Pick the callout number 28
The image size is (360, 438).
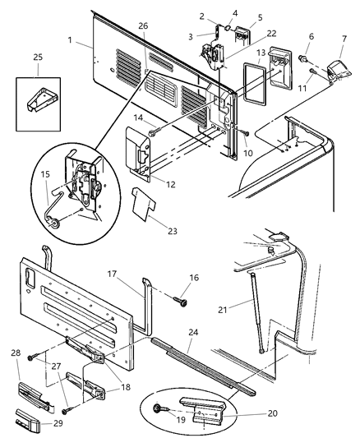[x=15, y=353]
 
